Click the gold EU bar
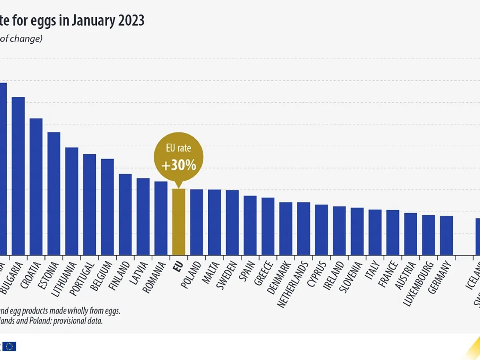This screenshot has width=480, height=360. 179,222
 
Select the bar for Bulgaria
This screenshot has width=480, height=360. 18,176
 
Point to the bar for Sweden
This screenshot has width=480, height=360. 232,222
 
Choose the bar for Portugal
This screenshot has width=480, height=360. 90,204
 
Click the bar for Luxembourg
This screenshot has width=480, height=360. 428,235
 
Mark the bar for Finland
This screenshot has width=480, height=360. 125,214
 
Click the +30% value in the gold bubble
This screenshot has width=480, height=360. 179,165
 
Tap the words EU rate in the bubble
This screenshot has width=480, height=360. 179,148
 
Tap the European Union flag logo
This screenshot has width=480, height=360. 10,346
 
